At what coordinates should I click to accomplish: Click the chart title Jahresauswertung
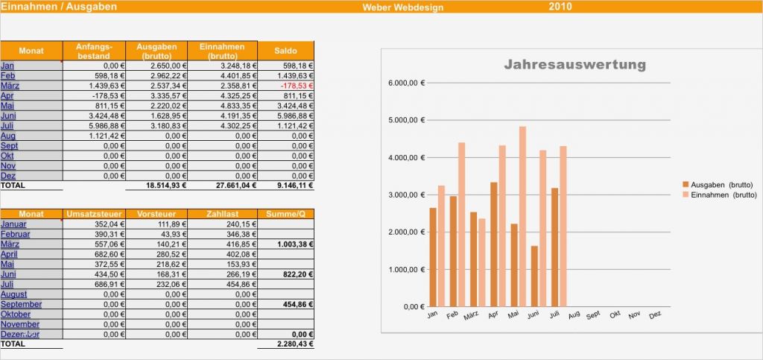pos(574,65)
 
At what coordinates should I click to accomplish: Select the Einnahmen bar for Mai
pos(522,216)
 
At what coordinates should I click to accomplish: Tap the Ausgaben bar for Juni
pos(534,276)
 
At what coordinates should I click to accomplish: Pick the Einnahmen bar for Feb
pos(461,224)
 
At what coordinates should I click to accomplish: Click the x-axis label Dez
pos(654,315)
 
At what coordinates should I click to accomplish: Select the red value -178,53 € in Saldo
pos(297,86)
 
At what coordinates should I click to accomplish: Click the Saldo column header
pos(285,51)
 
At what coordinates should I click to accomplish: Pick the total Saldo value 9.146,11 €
pos(292,186)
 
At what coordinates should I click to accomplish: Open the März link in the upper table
pos(10,86)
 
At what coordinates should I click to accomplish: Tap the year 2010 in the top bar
pos(560,7)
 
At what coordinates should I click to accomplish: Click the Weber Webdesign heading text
pos(403,7)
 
